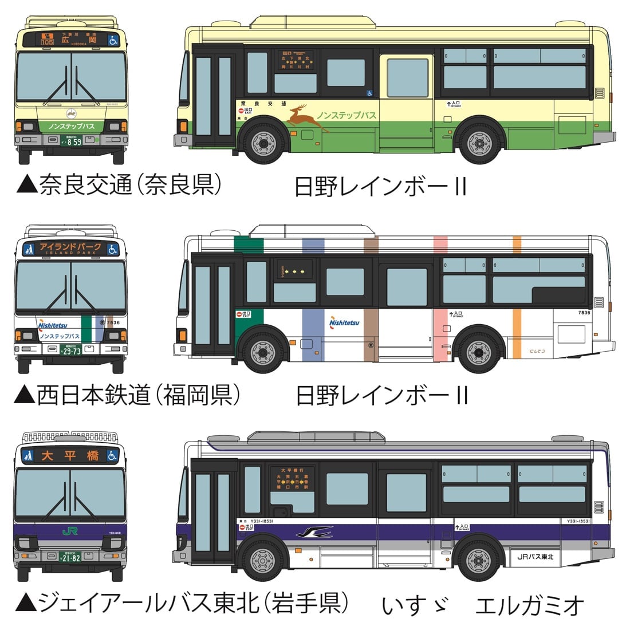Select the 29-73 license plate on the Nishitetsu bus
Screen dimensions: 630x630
(72, 351)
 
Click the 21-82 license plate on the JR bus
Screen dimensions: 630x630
(72, 557)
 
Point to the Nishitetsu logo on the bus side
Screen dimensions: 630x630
(344, 322)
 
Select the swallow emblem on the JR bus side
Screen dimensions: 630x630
(314, 533)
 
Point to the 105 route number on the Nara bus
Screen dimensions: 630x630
(48, 42)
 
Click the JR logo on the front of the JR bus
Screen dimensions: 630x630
(70, 531)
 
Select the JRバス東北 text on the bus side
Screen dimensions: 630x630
(535, 556)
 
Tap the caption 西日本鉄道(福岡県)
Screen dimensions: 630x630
(127, 395)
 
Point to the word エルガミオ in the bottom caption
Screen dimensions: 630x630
(530, 605)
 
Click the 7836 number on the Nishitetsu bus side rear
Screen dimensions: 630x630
(584, 313)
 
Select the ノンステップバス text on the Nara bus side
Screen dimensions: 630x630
(346, 115)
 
